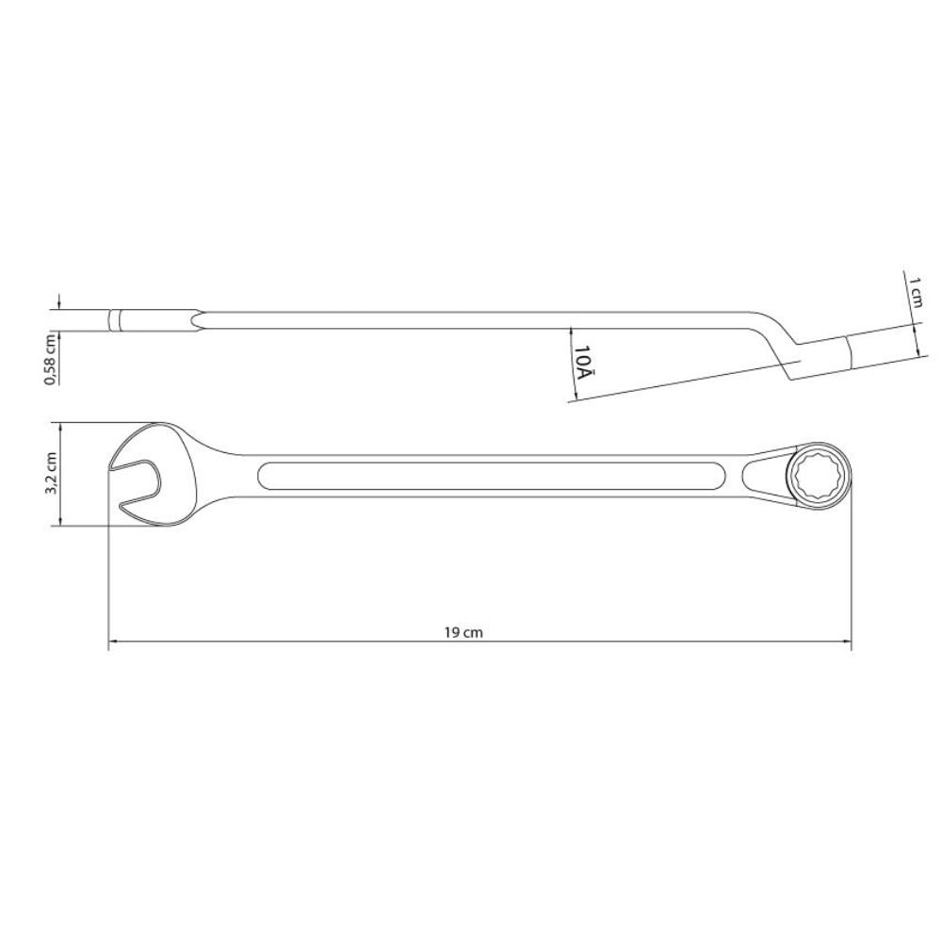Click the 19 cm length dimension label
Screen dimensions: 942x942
463,633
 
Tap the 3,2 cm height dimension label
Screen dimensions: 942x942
53,474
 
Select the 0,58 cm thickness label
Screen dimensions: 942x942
53,359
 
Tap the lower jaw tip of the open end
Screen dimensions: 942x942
127,510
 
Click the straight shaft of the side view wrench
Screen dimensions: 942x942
471,320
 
